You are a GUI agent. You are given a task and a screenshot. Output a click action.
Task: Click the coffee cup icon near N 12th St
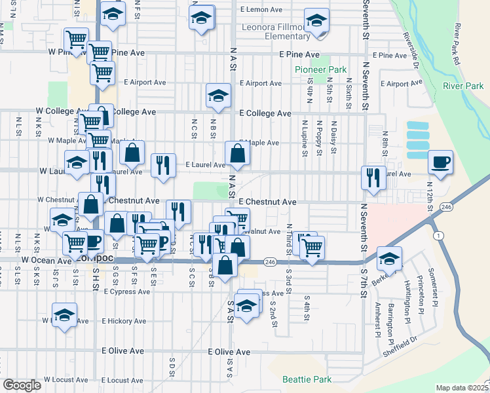pos(440,162)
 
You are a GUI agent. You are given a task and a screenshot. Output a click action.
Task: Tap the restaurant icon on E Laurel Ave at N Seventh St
pos(372,178)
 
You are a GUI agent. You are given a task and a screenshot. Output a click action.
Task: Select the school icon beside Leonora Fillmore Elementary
pos(316,22)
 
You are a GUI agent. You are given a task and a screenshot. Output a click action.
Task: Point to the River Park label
pos(463,86)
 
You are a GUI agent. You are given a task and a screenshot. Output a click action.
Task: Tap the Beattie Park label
pos(307,379)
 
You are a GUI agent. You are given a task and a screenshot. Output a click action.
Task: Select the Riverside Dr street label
pos(412,49)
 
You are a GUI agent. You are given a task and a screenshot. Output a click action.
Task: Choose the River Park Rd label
pos(461,45)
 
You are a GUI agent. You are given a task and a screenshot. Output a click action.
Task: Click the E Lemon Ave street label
pos(261,10)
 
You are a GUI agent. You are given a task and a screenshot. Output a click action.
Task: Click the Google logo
pos(22,385)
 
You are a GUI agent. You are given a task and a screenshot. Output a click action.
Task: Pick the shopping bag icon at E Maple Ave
pos(237,154)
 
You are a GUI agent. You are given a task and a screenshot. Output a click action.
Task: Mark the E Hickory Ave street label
pos(124,321)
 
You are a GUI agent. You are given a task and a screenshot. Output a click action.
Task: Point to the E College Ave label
pos(265,113)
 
